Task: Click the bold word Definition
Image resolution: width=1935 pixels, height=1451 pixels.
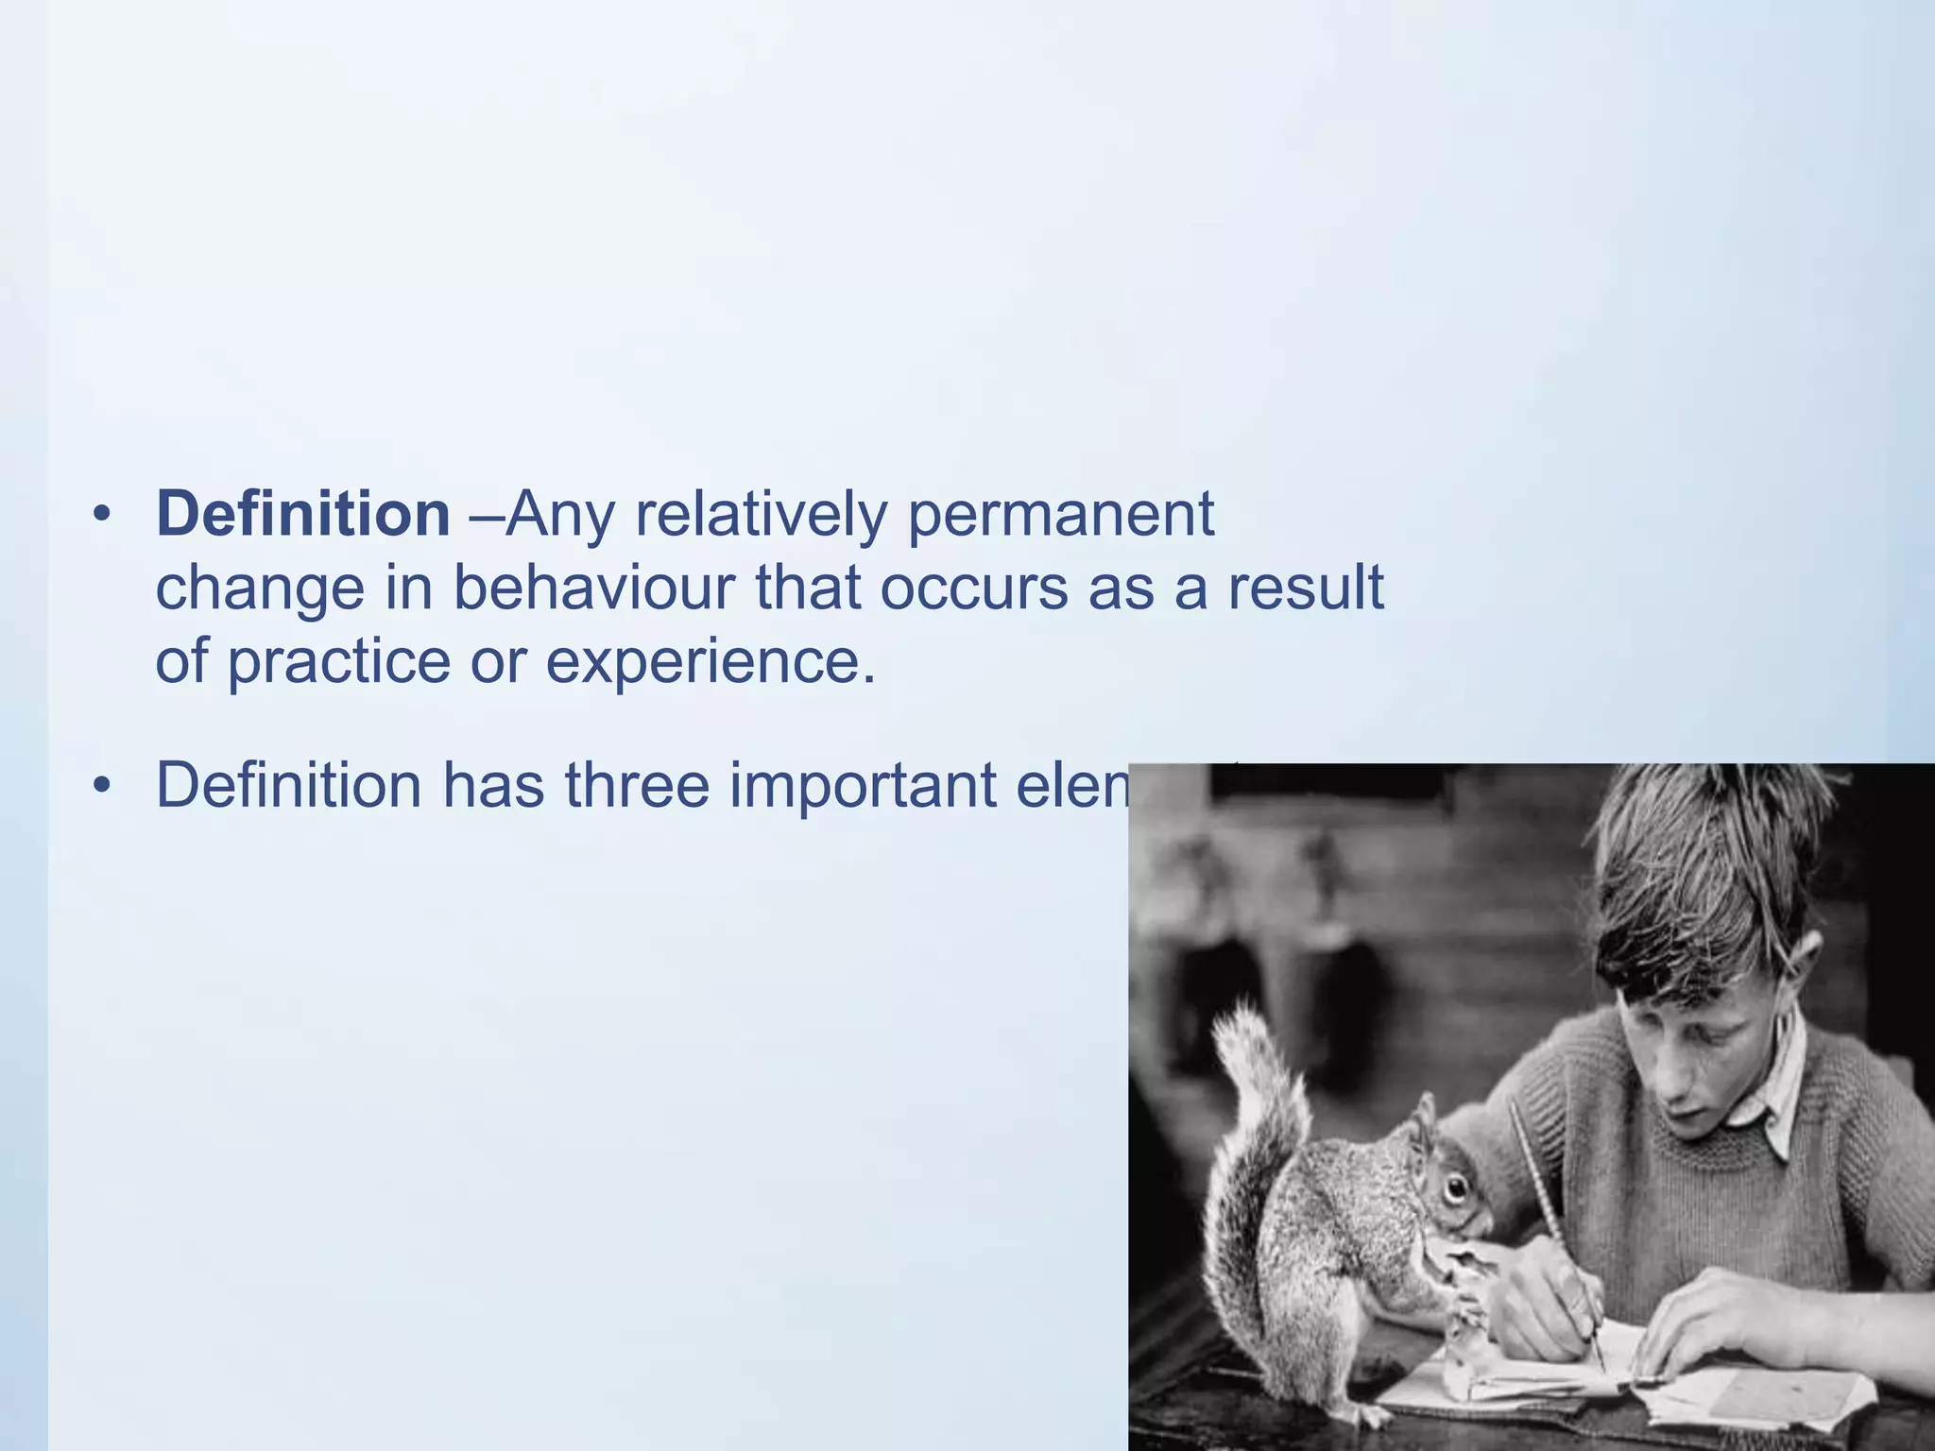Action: [x=302, y=515]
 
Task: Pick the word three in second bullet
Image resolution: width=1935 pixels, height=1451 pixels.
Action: [x=637, y=785]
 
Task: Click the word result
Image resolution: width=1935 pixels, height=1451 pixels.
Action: [x=1306, y=588]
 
